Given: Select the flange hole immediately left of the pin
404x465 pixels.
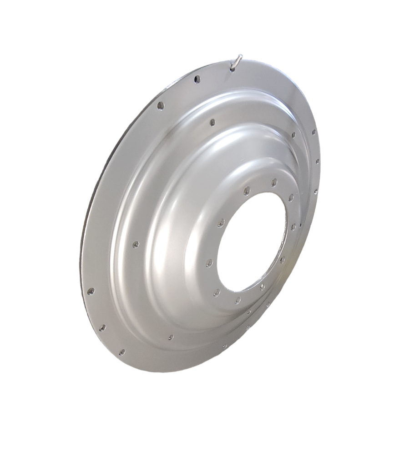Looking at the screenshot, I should pos(197,79).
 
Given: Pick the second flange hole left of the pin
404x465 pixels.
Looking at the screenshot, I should pos(160,105).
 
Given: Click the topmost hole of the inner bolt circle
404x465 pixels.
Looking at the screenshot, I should pos(274,182).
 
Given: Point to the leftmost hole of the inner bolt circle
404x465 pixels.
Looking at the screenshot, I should pos(209,263).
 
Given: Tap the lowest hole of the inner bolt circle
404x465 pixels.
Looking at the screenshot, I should pos(237,300).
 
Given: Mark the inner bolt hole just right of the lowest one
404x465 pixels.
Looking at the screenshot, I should pos(262,286).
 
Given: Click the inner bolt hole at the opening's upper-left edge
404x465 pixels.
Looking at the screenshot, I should pos(221,223).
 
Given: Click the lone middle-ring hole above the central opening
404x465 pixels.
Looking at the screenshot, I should pos(212,122).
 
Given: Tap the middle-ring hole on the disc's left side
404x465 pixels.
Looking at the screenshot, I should pos(135,244).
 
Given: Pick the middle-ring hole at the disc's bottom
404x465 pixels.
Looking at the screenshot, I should pos(171,337).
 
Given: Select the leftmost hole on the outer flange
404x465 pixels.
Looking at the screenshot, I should pos(91,291).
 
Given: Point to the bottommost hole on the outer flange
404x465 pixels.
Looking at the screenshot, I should pos(121,352).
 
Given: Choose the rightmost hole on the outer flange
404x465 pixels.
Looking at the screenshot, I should pos(317,161).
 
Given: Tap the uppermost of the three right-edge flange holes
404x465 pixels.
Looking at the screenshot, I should pos(313,133).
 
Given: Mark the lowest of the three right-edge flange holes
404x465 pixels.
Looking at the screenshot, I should pos(316,192).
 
